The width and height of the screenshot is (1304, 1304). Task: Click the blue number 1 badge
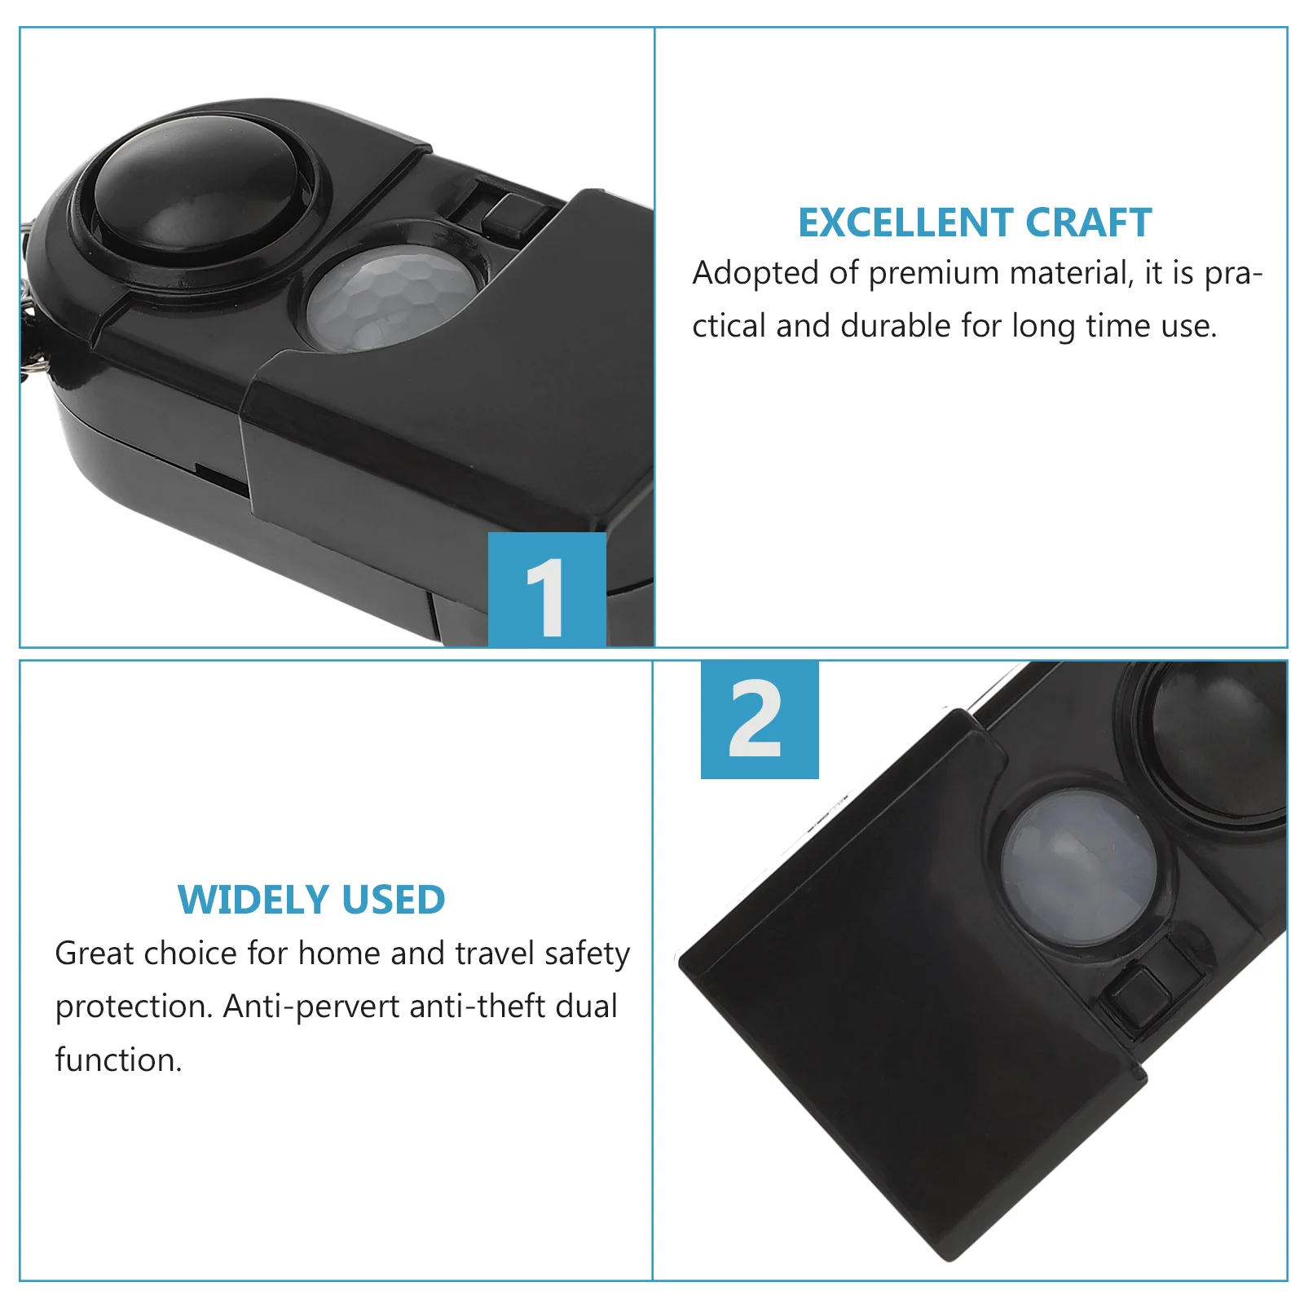coord(547,589)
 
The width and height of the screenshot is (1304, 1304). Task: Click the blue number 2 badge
coord(760,719)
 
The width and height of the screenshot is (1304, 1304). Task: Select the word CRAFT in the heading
coord(1088,222)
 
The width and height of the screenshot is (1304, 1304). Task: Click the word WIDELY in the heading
coord(253,900)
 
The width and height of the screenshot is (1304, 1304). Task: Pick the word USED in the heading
coord(394,900)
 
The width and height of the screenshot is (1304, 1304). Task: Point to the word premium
coord(934,275)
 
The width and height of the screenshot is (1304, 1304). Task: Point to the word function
coord(118,1059)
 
